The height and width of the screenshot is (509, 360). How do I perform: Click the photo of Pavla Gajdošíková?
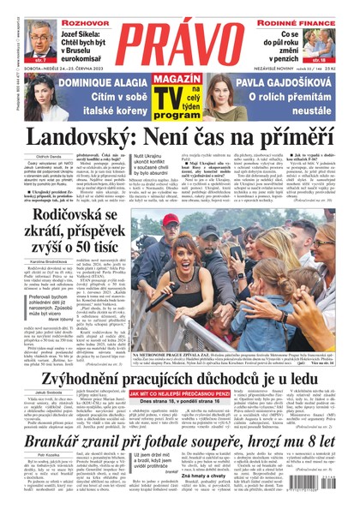point(226,93)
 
